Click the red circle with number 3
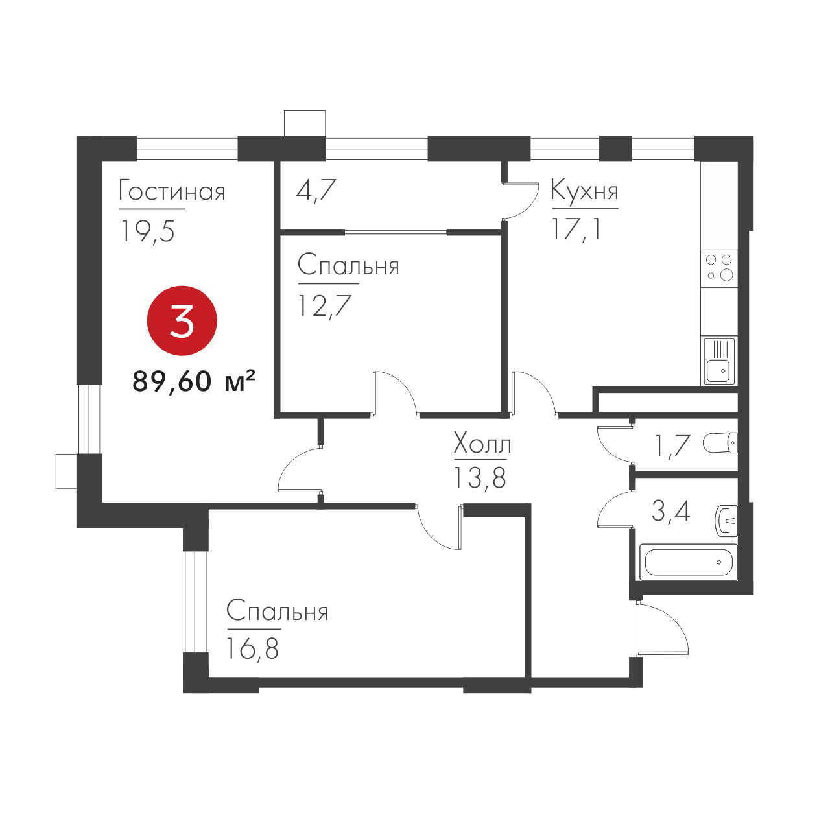182,321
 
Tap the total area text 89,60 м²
194,381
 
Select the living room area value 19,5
148,231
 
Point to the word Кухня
584,191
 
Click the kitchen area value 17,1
575,228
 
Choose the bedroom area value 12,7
324,306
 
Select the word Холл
482,444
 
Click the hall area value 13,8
480,478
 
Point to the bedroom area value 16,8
252,649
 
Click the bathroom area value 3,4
671,511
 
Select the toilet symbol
720,444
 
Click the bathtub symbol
688,562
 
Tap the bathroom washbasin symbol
727,521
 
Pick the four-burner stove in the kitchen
719,268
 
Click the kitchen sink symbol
719,361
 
